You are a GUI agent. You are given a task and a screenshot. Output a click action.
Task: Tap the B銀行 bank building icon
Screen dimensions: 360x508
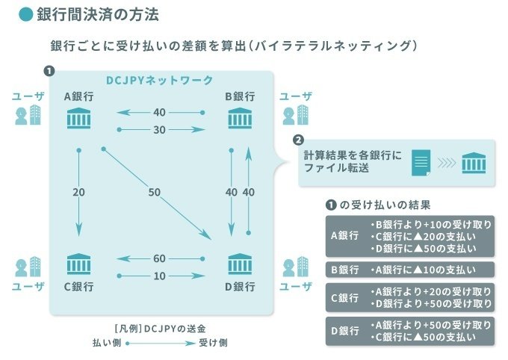240,118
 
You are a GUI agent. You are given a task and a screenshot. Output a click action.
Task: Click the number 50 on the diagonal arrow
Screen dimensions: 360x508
155,193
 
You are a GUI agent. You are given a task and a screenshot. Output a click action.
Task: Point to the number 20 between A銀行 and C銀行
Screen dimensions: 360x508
79,193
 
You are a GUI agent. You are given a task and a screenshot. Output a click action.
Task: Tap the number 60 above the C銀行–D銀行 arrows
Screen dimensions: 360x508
159,258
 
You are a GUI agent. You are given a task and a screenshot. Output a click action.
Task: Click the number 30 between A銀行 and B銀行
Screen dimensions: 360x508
159,129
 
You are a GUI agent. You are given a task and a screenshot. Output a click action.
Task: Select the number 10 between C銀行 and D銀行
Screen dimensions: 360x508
159,276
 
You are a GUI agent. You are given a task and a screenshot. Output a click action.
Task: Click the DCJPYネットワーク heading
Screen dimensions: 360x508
158,81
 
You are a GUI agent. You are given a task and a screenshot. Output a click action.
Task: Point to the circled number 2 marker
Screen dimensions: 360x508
298,140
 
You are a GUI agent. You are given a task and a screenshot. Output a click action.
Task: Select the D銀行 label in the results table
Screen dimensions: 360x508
344,331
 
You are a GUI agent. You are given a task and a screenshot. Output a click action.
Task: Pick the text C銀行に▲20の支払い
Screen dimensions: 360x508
423,236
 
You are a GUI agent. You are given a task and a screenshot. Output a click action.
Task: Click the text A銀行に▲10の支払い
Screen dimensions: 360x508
423,270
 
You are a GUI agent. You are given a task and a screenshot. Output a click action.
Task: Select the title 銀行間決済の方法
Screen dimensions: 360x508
96,14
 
